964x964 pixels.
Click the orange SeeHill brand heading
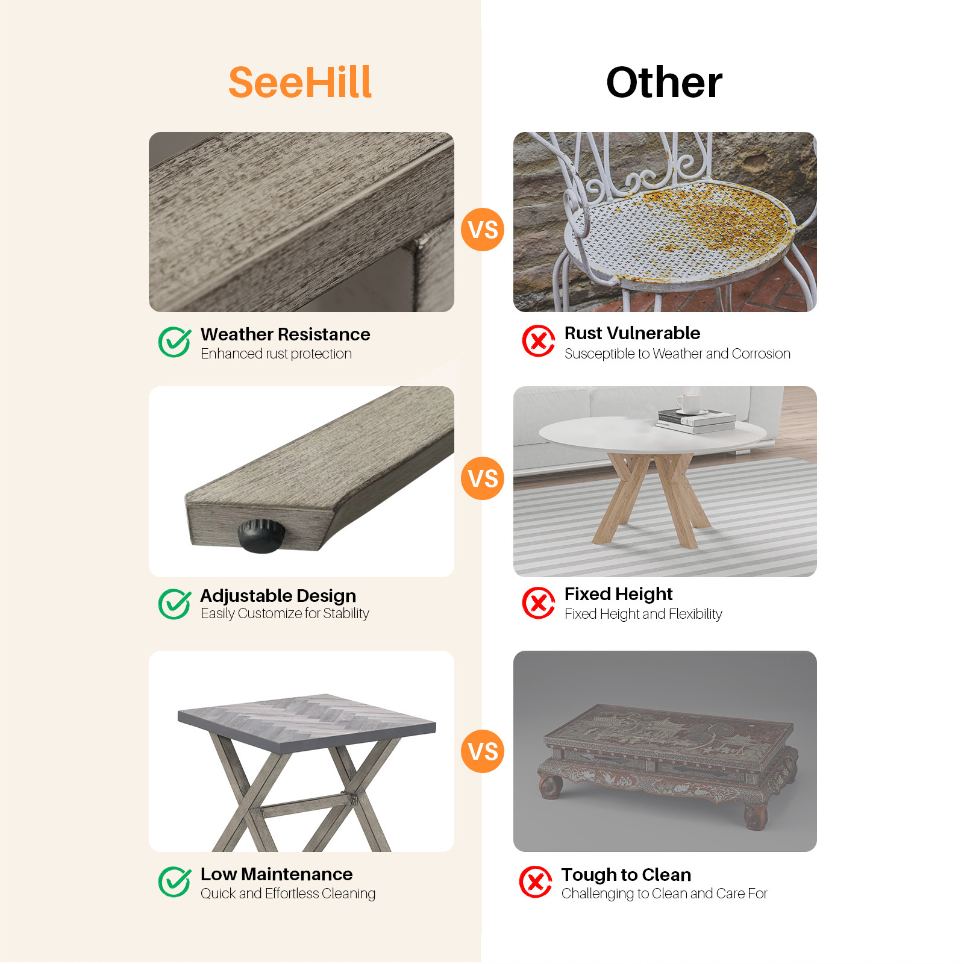click(300, 83)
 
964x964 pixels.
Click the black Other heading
click(664, 83)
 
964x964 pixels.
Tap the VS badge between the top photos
click(483, 230)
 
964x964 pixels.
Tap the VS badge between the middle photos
click(483, 478)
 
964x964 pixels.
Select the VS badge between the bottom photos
click(483, 751)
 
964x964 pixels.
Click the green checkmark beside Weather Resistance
click(175, 342)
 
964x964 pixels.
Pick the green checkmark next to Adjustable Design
click(175, 604)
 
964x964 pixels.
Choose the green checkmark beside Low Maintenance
click(175, 882)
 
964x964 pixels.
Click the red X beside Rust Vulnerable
click(539, 341)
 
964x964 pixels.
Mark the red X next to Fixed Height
click(539, 602)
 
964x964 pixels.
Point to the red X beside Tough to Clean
click(536, 882)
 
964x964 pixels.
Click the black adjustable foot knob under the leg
click(261, 536)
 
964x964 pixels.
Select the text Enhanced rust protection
click(276, 354)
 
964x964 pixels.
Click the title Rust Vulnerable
click(632, 333)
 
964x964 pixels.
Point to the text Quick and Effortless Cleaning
click(288, 894)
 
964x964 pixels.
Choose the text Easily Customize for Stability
click(284, 613)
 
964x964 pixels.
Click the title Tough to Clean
click(626, 875)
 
